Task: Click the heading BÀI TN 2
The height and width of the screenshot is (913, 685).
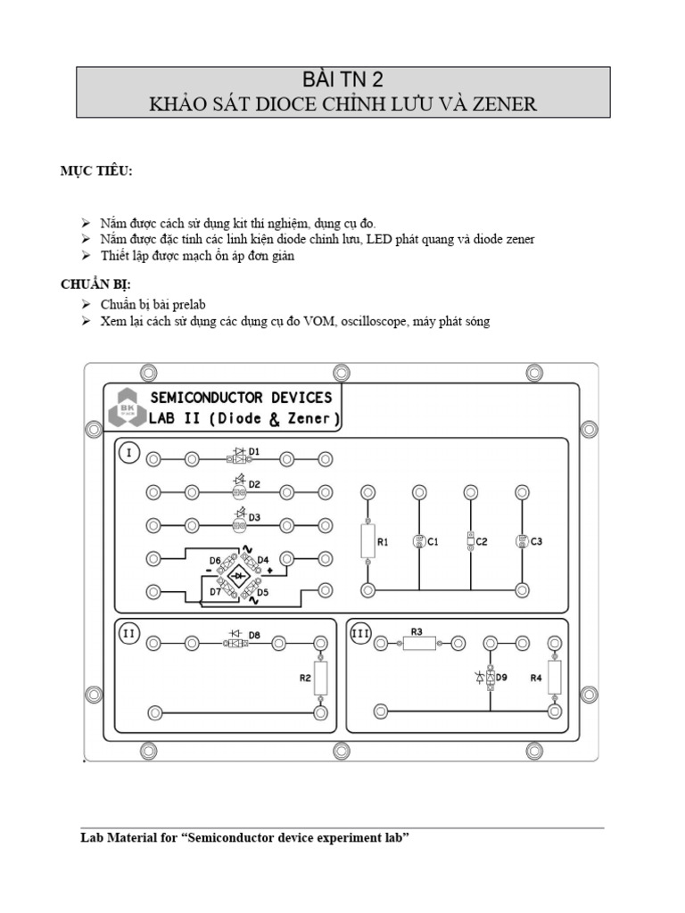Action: coord(342,79)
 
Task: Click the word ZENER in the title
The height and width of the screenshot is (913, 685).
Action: coord(506,104)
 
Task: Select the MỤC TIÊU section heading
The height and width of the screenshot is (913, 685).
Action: coord(96,171)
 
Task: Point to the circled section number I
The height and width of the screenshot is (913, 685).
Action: coord(128,454)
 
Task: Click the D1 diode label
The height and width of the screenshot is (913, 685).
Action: coord(254,452)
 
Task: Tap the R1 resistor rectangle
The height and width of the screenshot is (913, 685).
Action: coord(367,540)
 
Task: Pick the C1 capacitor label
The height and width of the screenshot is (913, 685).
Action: coord(433,541)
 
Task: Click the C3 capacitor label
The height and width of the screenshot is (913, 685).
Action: coord(536,541)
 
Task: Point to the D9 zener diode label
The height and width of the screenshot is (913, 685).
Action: coord(501,678)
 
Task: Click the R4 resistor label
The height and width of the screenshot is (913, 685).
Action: coord(536,678)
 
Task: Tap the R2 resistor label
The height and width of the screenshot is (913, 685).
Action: coord(305,678)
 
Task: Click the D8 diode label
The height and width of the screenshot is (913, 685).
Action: coord(254,635)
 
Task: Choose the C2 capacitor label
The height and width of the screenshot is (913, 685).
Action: coord(482,541)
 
